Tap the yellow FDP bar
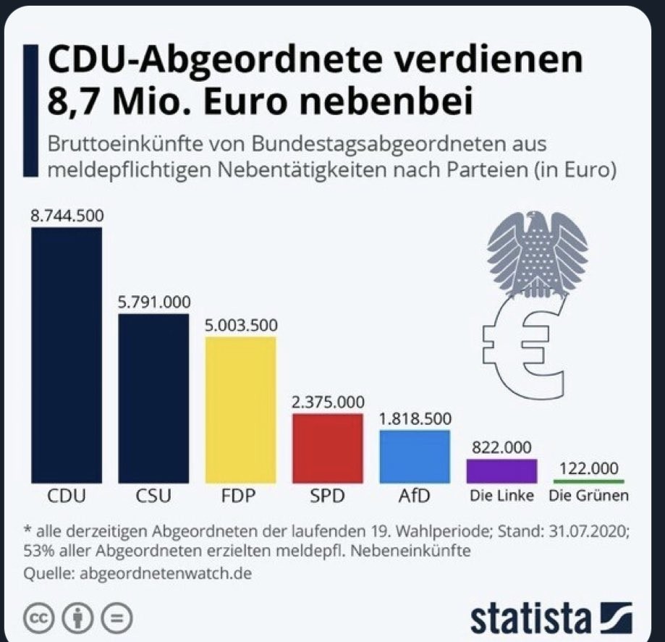240,410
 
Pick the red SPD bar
327,448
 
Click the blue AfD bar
415,457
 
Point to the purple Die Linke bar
501,470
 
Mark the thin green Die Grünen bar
588,481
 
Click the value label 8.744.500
67,216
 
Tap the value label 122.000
588,468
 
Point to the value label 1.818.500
415,419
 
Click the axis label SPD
327,497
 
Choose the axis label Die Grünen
588,497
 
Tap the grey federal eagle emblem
536,253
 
